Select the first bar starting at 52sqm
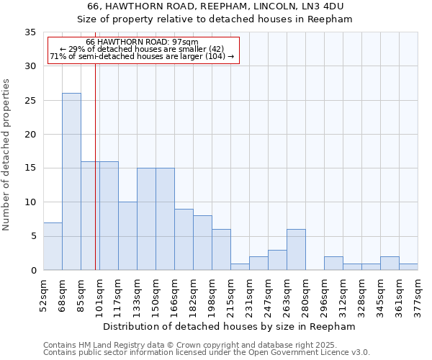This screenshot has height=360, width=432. [x=53, y=246]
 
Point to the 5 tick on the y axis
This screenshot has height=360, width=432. [x=33, y=236]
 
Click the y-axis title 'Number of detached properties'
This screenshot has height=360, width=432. [x=7, y=151]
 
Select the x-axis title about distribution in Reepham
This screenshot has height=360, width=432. [x=230, y=326]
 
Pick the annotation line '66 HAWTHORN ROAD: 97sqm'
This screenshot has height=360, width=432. [x=142, y=42]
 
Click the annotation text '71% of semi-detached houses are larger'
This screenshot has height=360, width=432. [x=142, y=56]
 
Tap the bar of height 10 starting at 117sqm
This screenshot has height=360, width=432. [x=127, y=236]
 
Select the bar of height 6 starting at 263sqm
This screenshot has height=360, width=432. [x=296, y=250]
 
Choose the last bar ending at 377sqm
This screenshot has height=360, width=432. [x=408, y=266]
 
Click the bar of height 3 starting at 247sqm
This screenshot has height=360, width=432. [x=277, y=260]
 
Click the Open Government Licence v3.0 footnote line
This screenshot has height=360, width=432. [x=207, y=353]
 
